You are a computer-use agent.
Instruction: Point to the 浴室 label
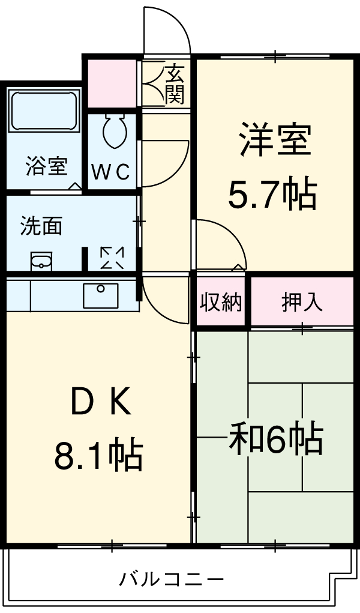pos(46,166)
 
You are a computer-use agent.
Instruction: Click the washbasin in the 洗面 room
pos(41,261)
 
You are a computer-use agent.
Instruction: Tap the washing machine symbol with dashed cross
pos(112,258)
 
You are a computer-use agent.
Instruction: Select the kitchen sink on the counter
pos(100,295)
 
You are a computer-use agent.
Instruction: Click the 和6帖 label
pos(275,439)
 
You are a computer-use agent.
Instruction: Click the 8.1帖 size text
pos(98,456)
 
